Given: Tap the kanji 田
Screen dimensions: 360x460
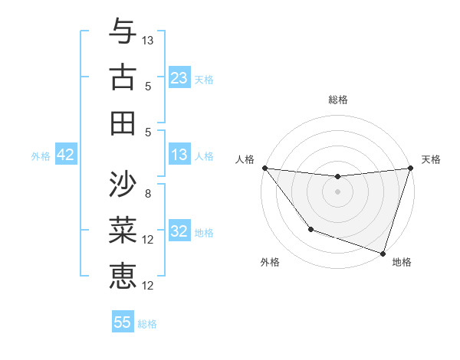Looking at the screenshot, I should pos(123,123).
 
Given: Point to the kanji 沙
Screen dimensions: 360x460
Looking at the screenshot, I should pos(123,184).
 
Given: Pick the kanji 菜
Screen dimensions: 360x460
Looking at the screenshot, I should pos(123,230).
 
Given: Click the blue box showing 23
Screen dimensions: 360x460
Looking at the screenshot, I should pos(179,78).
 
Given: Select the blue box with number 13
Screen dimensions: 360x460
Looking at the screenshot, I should pos(179,155).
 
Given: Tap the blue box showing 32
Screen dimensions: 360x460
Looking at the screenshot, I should pos(179,231).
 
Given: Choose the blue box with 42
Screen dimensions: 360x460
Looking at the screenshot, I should pos(66,155).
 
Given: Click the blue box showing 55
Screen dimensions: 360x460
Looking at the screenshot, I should pos(123,322).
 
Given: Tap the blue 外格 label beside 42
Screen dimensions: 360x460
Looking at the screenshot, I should pos(41,156).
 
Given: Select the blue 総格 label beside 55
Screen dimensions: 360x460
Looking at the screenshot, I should pos(148,324).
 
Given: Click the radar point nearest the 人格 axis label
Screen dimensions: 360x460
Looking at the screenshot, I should pos(264,168).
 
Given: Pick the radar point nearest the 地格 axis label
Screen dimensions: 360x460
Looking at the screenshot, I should pos(383,253).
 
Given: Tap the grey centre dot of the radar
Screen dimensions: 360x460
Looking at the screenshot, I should pos(337,191).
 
